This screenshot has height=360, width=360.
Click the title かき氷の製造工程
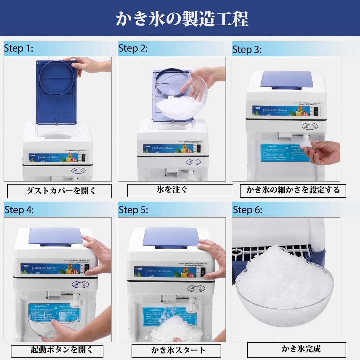click(x=182, y=19)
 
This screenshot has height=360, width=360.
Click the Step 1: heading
click(x=18, y=48)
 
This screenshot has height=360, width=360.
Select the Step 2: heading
click(x=133, y=48)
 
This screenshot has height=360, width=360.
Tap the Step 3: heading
click(x=247, y=49)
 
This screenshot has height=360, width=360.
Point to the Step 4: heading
click(x=19, y=210)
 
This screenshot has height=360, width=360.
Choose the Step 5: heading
click(x=133, y=210)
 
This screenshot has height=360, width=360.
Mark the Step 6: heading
click(x=247, y=210)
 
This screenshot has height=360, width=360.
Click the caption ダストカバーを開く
click(x=60, y=191)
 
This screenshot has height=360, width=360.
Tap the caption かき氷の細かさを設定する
click(x=293, y=190)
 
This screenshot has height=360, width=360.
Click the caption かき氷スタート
click(x=178, y=351)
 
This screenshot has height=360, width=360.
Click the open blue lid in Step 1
click(x=56, y=92)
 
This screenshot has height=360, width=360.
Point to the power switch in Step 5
click(x=203, y=273)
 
